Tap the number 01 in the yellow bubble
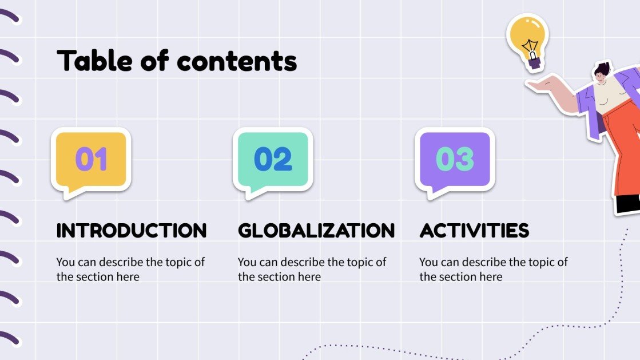[x=92, y=159]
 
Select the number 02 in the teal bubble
[x=273, y=159]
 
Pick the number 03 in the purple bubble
[x=455, y=159]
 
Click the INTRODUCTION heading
[x=132, y=231]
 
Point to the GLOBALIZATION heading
[x=316, y=231]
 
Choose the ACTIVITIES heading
[x=474, y=231]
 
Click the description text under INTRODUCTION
[x=130, y=270]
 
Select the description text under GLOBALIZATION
[x=312, y=270]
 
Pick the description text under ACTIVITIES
[x=494, y=270]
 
